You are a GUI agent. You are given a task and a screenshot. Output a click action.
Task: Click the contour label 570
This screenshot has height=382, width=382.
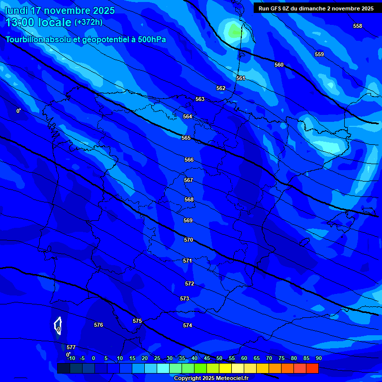click(x=189, y=240)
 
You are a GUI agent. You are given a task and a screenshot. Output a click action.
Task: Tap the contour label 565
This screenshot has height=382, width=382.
click(x=186, y=138)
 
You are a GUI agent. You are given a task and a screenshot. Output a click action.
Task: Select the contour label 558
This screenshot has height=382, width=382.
click(x=358, y=26)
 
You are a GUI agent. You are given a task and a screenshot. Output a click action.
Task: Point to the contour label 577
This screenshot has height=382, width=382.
click(x=71, y=347)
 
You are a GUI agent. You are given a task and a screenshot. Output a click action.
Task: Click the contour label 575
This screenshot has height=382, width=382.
click(x=137, y=321)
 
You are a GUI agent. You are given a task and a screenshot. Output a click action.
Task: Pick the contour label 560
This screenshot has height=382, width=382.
click(x=279, y=65)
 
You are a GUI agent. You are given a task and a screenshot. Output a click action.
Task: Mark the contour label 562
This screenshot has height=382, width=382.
click(x=221, y=88)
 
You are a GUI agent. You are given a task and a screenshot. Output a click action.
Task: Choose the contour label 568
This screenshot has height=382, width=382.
click(x=189, y=199)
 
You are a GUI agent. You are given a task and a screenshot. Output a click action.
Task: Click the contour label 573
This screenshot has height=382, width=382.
click(x=185, y=298)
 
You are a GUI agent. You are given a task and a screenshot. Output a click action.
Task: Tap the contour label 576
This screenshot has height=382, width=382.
click(x=98, y=325)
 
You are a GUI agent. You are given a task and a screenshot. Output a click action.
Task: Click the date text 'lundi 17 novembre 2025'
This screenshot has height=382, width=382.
click(x=60, y=10)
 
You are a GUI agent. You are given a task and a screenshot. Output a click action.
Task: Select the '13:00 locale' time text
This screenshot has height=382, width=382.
click(x=38, y=22)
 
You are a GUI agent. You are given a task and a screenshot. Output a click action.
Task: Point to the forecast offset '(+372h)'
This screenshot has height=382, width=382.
click(x=88, y=22)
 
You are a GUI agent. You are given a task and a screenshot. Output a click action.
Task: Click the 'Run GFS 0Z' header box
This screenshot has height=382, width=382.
click(x=316, y=8)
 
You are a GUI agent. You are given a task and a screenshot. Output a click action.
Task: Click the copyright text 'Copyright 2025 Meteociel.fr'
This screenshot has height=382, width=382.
click(x=211, y=378)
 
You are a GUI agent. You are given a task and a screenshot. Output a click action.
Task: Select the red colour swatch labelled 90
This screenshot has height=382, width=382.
click(x=312, y=369)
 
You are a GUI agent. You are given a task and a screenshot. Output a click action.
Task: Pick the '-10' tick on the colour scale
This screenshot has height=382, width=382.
click(x=70, y=358)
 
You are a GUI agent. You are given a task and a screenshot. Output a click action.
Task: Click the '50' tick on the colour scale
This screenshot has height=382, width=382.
click(x=219, y=358)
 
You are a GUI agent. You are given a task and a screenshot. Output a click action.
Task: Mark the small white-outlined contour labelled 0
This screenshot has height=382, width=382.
click(x=58, y=325)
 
